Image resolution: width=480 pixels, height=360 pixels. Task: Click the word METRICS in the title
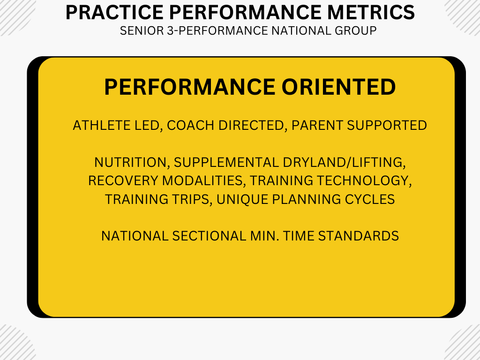371,12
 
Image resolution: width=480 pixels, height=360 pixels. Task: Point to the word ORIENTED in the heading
338,87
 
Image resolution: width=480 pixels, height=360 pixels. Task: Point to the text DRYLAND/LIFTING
344,162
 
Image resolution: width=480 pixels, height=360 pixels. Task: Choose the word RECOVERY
123,180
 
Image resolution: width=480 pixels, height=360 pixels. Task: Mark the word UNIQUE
242,199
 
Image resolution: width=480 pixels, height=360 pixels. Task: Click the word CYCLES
370,199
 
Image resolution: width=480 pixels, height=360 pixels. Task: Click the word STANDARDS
358,236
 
